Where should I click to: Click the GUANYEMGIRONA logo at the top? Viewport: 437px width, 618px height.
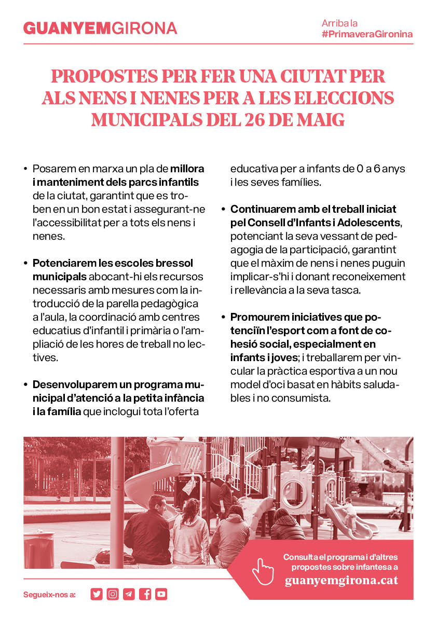pos(100,28)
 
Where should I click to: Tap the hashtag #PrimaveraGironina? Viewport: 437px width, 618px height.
pos(367,34)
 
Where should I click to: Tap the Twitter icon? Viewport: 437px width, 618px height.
pos(97,594)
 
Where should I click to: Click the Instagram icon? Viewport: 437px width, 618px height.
pos(113,594)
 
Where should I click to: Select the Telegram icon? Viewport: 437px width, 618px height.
pos(129,594)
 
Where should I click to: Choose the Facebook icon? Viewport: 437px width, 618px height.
pos(145,594)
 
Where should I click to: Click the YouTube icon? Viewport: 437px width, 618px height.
pos(161,594)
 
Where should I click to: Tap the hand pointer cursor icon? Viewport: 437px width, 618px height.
pos(263,571)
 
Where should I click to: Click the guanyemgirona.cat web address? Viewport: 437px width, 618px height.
pos(341,580)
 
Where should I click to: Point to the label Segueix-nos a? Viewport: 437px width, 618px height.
pos(50,595)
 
